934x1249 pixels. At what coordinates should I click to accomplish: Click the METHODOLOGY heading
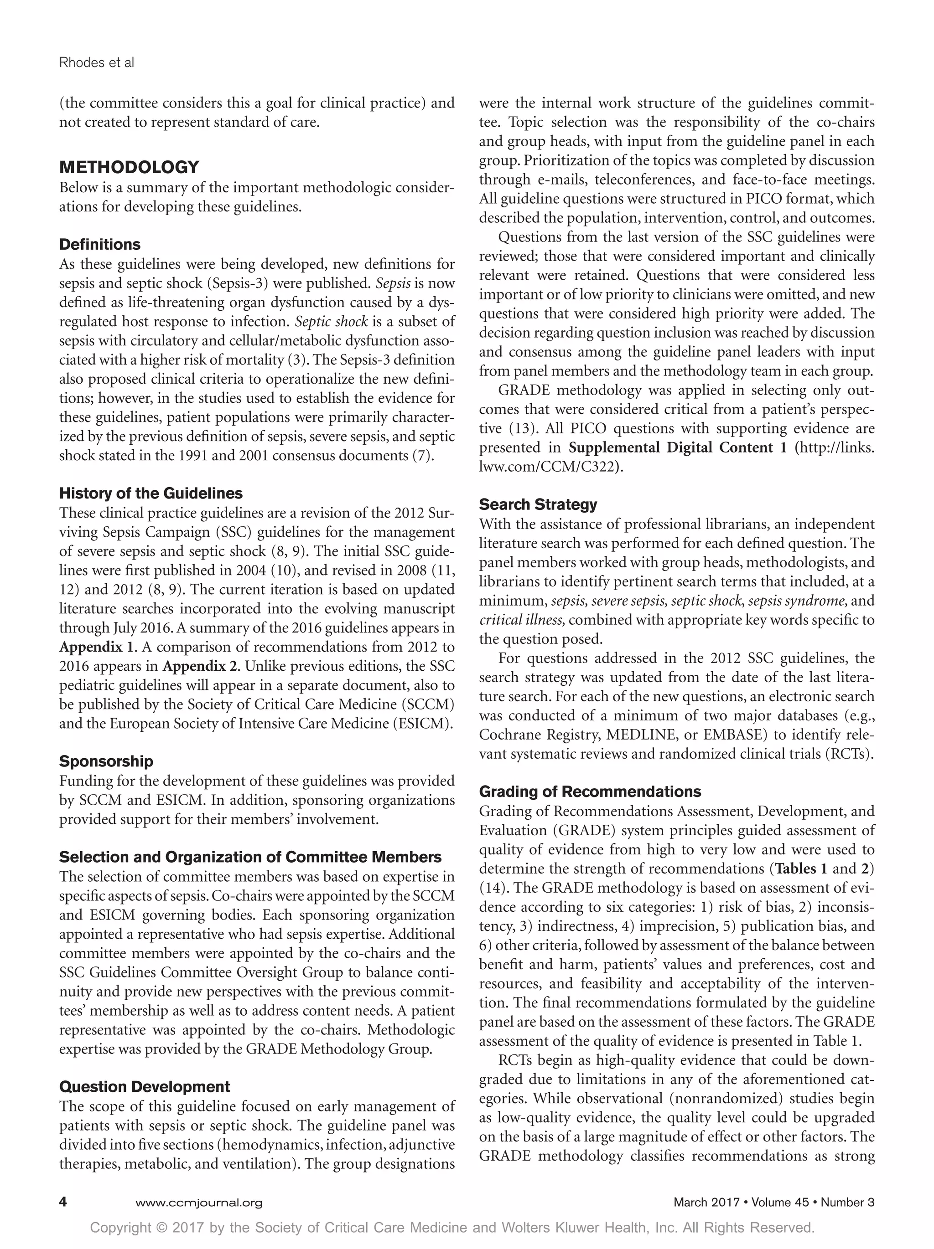tap(130, 167)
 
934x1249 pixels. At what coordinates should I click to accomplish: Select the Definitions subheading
tap(100, 245)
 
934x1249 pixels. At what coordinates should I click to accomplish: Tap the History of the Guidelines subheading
tap(151, 493)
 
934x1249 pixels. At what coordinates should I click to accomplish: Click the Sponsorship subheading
tap(106, 761)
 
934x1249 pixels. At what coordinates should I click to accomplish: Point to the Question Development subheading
tap(145, 1086)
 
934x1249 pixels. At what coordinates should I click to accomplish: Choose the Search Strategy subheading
tap(538, 504)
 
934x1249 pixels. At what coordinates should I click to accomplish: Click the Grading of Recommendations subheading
tap(590, 791)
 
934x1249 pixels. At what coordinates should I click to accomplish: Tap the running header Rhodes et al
tap(97, 63)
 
